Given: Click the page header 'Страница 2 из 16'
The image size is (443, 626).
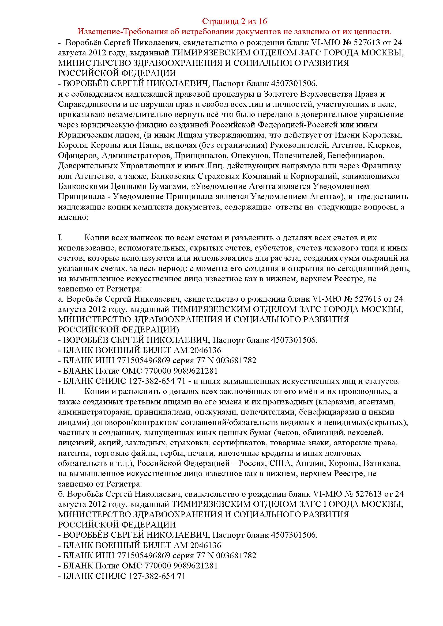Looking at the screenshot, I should pos(235,21).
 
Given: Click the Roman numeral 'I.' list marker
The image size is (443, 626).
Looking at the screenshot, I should pos(61,238).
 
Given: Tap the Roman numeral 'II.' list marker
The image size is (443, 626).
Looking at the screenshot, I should pos(62,392).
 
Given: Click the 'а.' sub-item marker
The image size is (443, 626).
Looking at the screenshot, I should pos(61,299).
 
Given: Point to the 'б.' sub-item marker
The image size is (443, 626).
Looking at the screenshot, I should pos(61,494).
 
